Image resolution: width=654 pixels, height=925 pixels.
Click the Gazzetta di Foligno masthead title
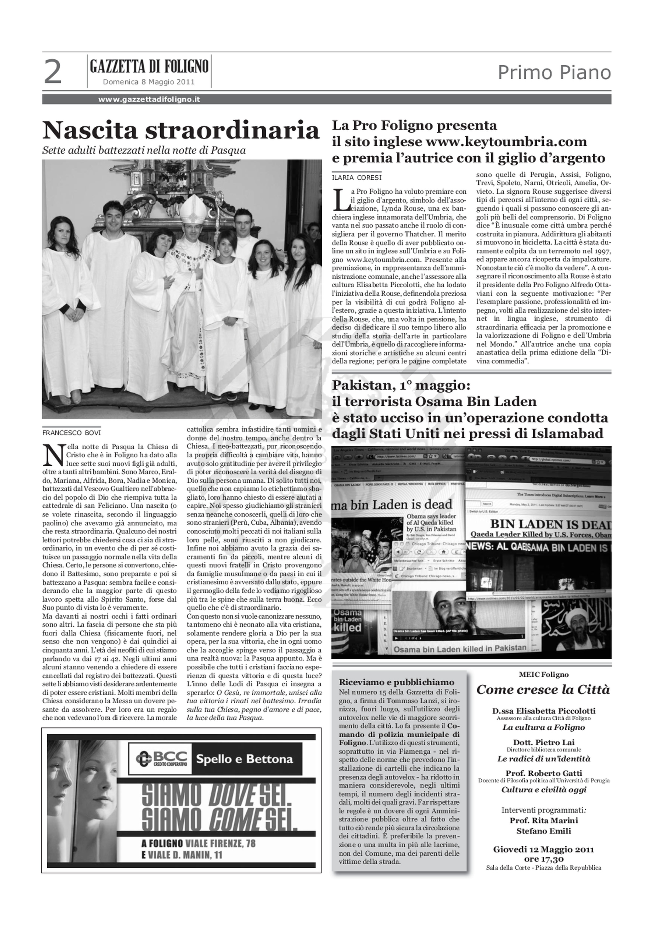tap(149, 66)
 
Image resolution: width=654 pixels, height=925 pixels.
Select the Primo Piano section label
tap(554, 73)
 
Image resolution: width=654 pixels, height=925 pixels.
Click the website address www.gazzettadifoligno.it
tap(149, 99)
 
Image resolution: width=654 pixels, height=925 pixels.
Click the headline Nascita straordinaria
tap(181, 131)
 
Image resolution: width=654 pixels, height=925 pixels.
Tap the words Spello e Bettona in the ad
tap(244, 759)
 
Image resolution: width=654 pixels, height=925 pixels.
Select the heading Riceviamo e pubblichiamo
tap(397, 682)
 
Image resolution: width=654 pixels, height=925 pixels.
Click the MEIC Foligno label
tap(544, 674)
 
